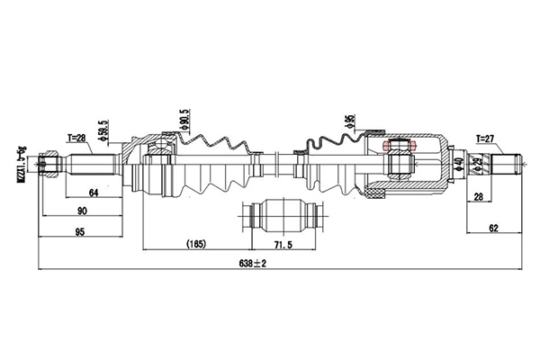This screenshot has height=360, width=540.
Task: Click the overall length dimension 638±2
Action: tap(254, 261)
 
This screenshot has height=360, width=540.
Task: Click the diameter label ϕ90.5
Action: tap(185, 121)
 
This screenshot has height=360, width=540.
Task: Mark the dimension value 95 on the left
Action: tap(80, 232)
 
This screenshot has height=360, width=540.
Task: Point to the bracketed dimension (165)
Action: tap(195, 243)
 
